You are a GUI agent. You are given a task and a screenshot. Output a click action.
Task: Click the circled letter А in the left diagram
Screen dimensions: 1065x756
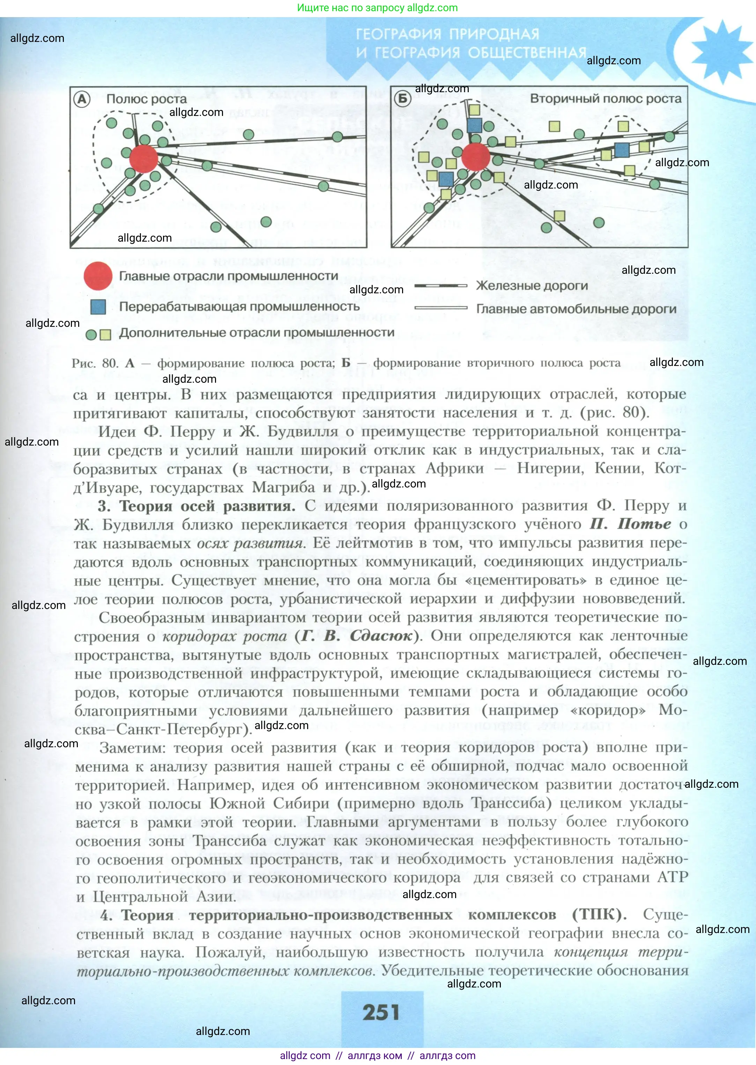[82, 99]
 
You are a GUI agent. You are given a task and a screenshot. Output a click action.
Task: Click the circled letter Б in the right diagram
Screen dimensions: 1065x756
[402, 99]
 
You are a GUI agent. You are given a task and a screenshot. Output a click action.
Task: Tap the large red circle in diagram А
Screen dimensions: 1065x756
[143, 158]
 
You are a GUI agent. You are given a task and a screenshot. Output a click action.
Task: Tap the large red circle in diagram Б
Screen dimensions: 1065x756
[475, 156]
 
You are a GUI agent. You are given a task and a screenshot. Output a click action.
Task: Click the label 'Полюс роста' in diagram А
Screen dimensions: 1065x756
[146, 99]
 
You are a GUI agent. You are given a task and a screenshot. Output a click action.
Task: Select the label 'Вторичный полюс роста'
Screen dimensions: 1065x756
[605, 99]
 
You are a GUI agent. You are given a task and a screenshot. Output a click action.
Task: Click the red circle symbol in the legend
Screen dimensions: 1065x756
[98, 276]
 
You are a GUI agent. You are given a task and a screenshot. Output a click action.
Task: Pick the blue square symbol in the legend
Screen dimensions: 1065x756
[98, 307]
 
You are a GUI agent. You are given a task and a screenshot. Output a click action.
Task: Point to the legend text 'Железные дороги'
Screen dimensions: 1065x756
[532, 286]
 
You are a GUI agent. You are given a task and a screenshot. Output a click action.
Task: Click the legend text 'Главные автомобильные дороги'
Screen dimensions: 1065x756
[576, 309]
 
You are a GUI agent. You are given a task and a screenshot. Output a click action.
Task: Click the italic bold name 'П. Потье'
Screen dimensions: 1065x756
[630, 524]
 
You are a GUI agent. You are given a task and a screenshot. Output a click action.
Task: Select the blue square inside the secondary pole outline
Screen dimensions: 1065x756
[622, 150]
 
